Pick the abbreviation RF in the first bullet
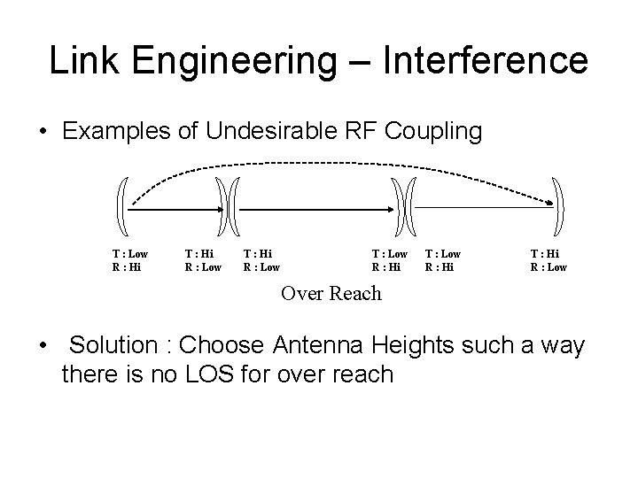pos(362,132)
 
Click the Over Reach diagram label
pos(331,293)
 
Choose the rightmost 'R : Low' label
pos(549,266)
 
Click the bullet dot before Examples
pos(43,133)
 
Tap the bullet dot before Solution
pos(43,345)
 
